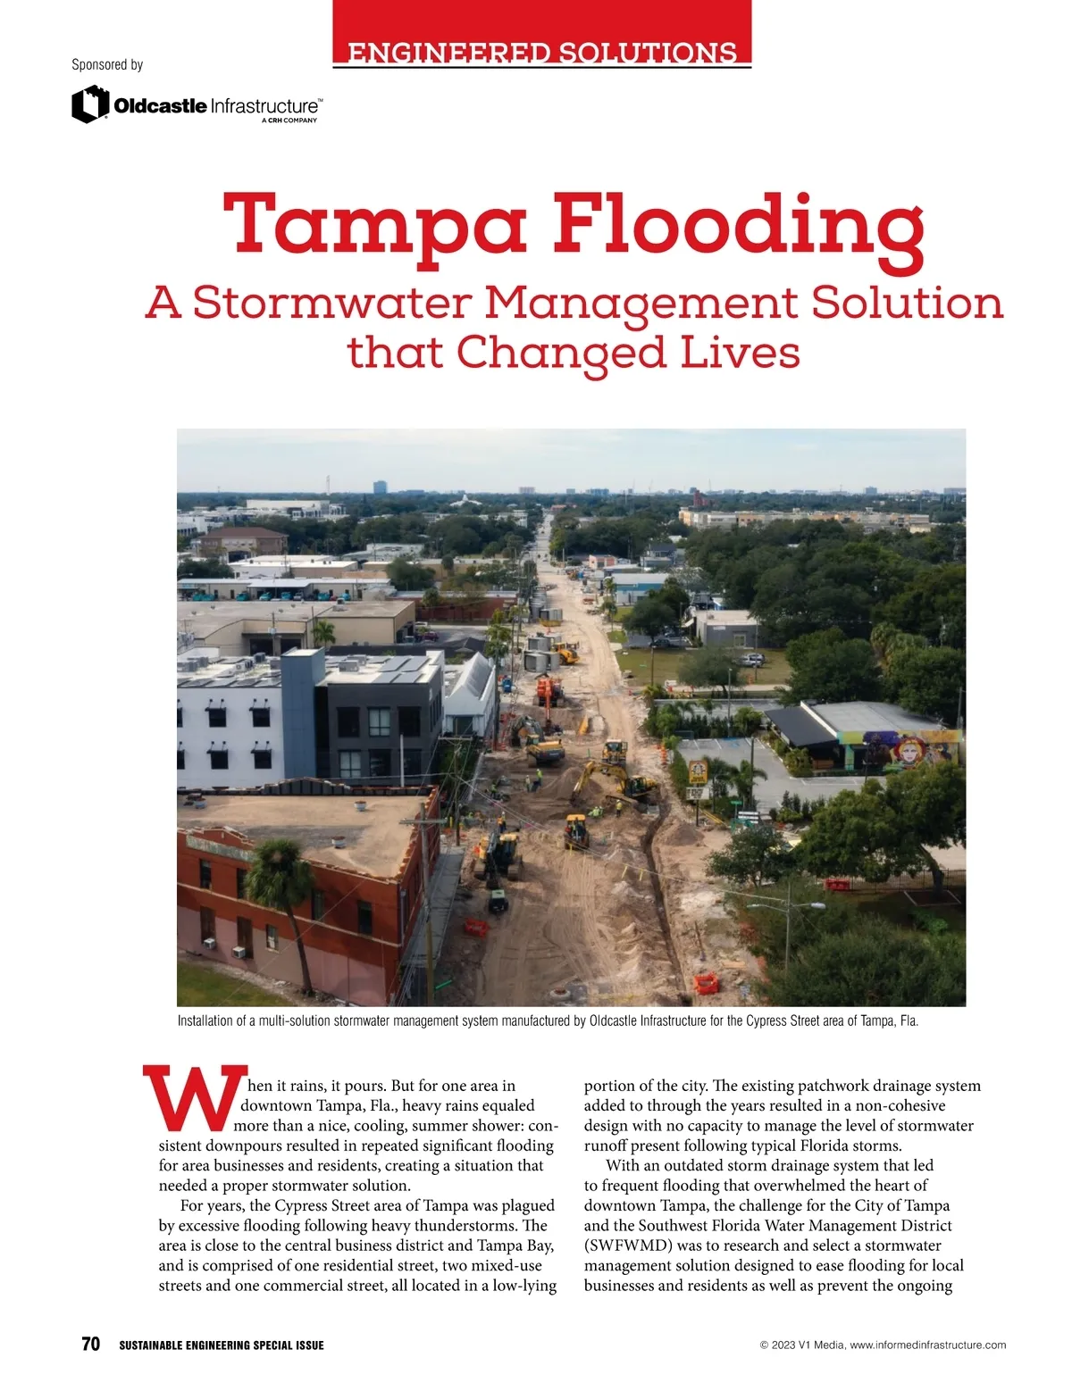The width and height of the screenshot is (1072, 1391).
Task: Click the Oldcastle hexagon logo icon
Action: click(89, 104)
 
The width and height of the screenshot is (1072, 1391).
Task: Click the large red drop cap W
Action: click(195, 1096)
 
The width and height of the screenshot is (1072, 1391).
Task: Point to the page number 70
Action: click(90, 1345)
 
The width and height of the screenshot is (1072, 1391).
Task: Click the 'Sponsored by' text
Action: click(107, 64)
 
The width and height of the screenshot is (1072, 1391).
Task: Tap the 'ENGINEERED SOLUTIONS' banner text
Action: click(542, 53)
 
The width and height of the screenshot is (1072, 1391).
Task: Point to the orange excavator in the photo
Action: click(548, 690)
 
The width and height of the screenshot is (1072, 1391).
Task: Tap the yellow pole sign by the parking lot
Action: click(697, 772)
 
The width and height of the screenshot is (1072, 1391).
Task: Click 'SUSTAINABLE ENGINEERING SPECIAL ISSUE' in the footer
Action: click(222, 1345)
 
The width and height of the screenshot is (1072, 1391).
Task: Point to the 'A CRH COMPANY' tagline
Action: click(289, 121)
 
